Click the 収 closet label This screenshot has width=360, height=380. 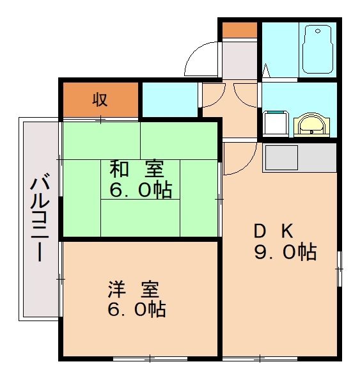point(99,99)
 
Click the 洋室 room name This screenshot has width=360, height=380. point(133,289)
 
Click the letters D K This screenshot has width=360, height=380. point(275,230)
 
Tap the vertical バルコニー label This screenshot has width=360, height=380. point(40,218)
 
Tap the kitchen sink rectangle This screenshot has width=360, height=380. point(281,157)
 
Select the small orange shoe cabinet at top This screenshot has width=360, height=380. point(240,29)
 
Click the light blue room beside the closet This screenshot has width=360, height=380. point(168,99)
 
